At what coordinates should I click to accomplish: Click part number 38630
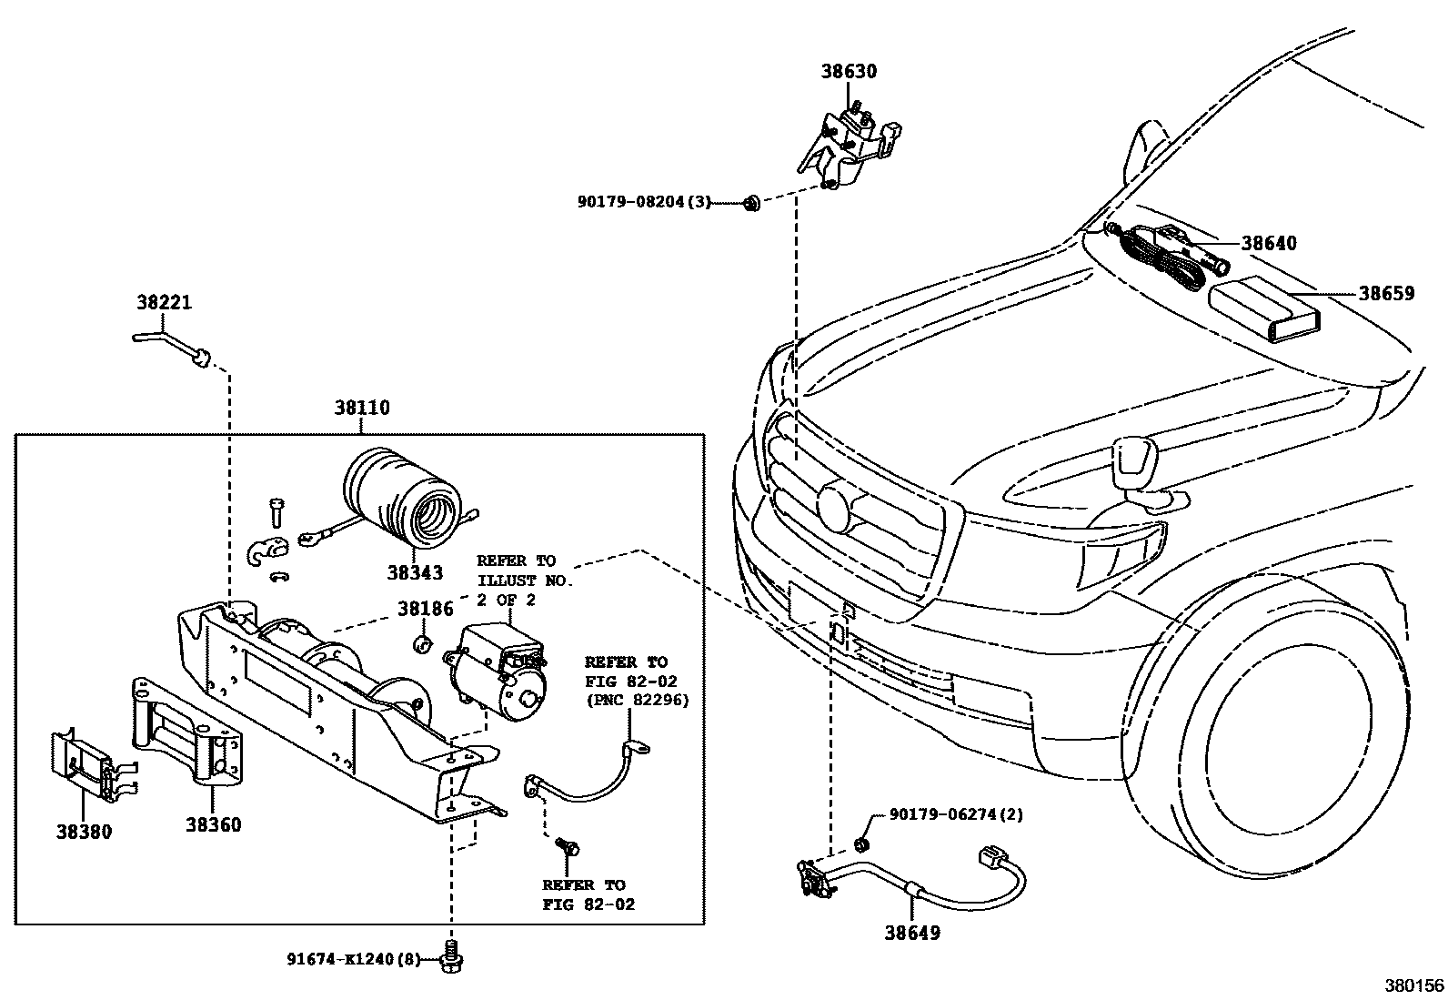[849, 72]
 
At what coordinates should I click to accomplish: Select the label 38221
[165, 302]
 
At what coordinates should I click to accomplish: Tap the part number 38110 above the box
[361, 409]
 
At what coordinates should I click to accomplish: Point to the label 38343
[415, 572]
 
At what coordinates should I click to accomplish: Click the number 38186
[425, 610]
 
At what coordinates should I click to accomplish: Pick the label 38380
[84, 831]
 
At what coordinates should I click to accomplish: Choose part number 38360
[214, 825]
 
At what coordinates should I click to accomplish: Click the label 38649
[912, 933]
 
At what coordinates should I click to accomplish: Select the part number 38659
[1386, 294]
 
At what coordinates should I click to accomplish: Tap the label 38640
[1269, 243]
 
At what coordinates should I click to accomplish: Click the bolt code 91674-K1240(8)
[355, 958]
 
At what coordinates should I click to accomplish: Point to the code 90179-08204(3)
[643, 202]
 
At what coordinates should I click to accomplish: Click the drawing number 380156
[1413, 985]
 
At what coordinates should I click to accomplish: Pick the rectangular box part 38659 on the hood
[1264, 310]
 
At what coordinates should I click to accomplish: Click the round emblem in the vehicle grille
[835, 507]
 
